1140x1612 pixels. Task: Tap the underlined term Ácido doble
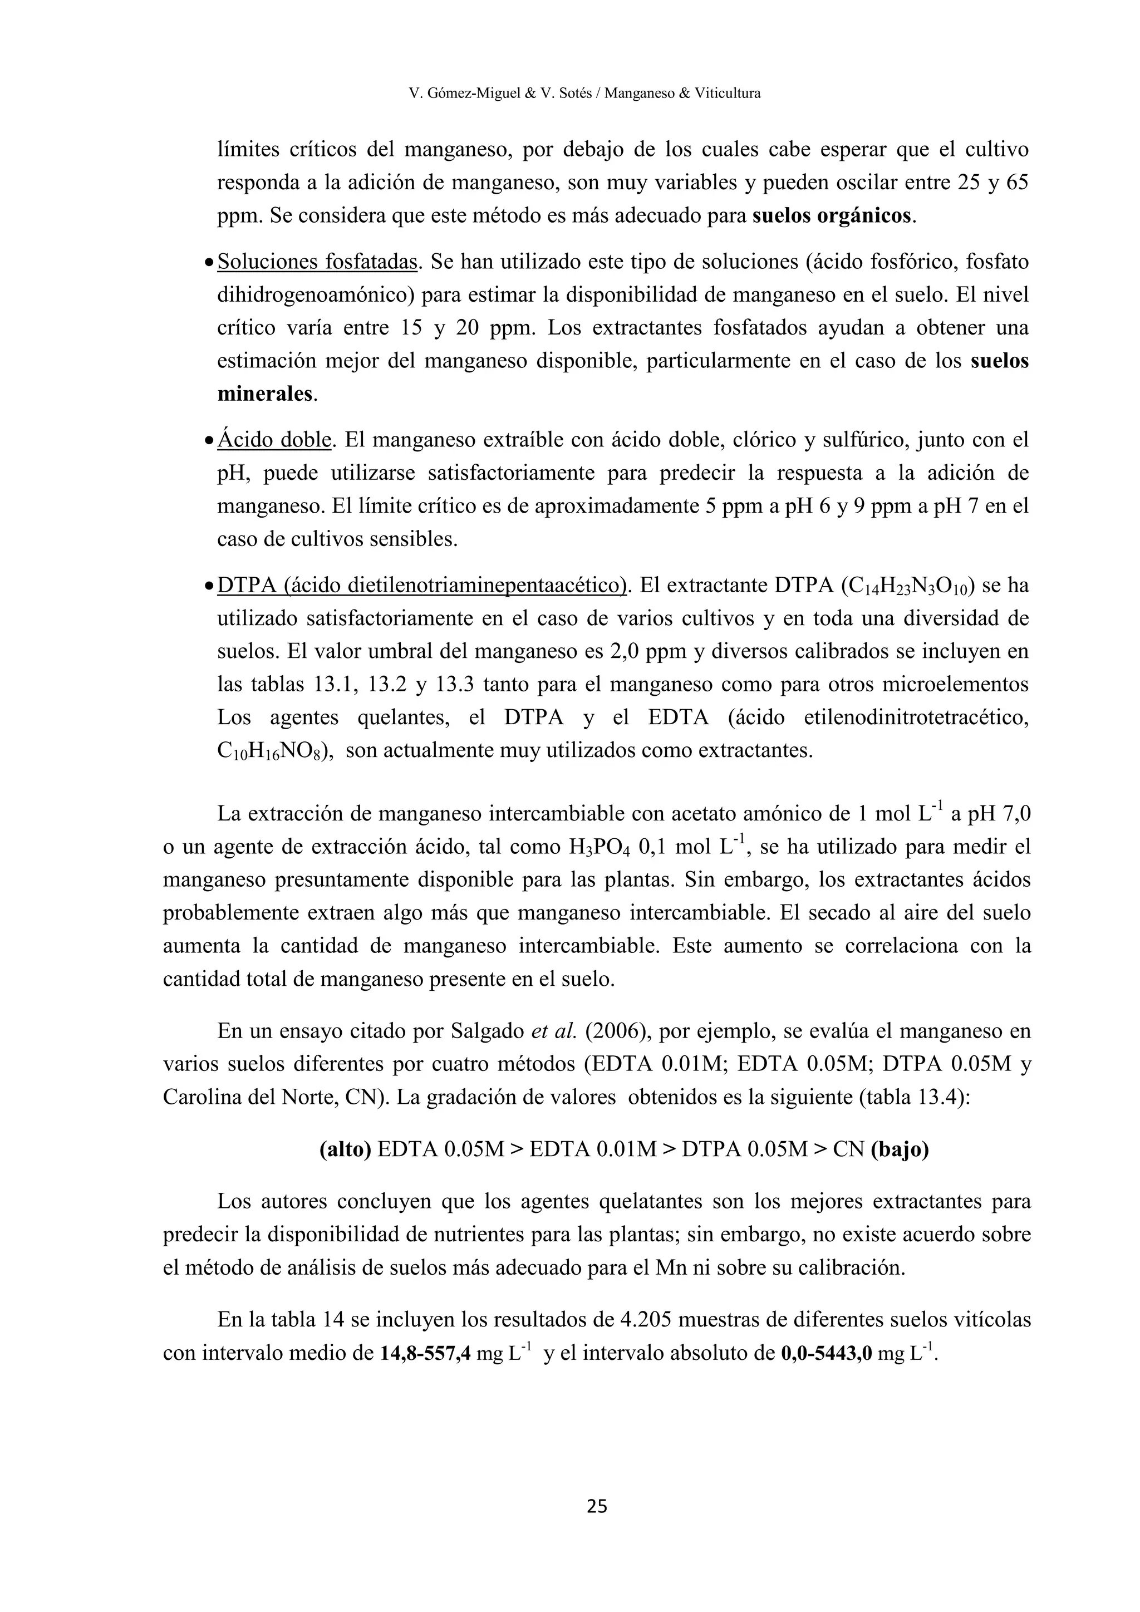point(274,440)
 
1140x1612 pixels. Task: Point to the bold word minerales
point(266,394)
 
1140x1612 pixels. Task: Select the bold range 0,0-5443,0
point(826,1354)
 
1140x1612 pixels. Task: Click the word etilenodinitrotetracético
point(916,718)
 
